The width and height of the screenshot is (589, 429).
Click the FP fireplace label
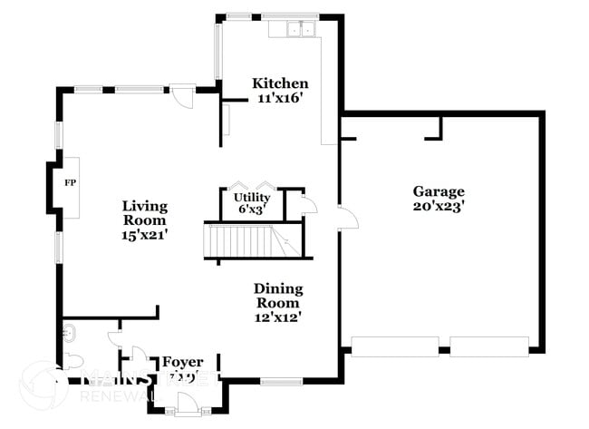[69, 182]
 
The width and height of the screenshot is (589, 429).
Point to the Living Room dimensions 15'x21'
[145, 235]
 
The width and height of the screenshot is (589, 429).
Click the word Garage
[439, 191]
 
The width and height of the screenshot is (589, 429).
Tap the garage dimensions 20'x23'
[439, 206]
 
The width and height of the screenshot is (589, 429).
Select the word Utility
[251, 197]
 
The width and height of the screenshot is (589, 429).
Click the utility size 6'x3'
[251, 209]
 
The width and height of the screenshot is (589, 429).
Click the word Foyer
[182, 362]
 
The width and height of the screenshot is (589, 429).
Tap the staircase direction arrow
[284, 243]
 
